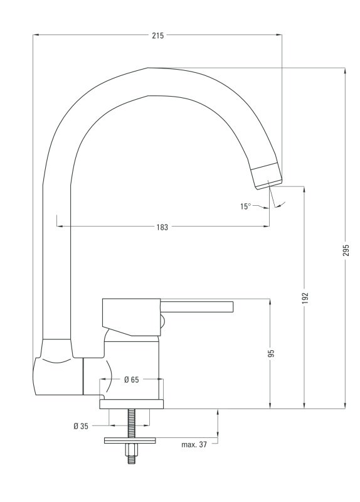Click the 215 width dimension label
tap(158, 36)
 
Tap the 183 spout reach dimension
tap(162, 227)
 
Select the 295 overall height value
tap(346, 250)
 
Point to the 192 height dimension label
tap(305, 297)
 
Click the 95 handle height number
tap(271, 353)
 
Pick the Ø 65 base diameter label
tap(132, 380)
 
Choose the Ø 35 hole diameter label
tap(81, 426)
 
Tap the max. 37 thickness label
tap(194, 444)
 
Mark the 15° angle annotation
tap(245, 206)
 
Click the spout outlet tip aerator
tap(267, 176)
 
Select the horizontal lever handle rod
tap(197, 306)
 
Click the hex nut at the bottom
tap(131, 451)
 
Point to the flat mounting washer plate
tap(130, 441)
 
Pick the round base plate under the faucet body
tap(132, 404)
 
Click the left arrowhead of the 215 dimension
tap(36, 35)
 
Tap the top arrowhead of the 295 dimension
tap(345, 71)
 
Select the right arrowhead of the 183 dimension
tap(266, 227)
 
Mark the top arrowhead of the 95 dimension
tap(270, 302)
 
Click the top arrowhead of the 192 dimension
tap(304, 190)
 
